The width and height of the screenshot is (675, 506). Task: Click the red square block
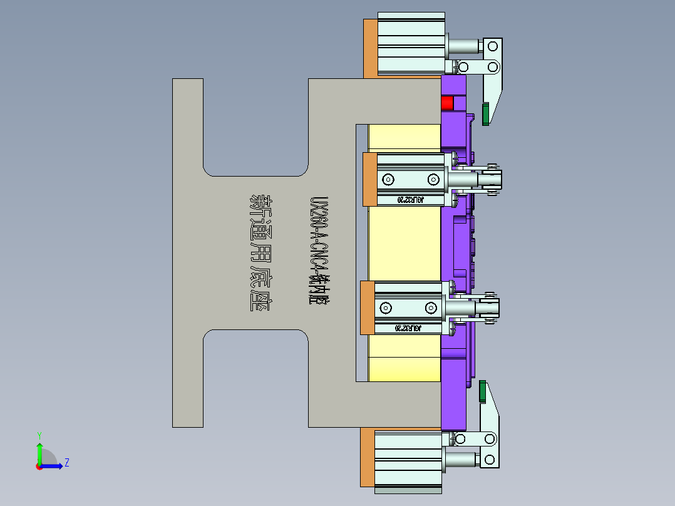pos(447,103)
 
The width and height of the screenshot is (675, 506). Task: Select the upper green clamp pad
pos(485,115)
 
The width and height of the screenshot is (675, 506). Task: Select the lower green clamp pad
pos(483,391)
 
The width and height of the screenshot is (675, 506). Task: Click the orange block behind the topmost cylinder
pos(370,48)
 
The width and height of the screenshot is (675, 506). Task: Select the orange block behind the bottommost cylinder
pos(368,457)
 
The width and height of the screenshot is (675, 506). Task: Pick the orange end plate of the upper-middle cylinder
pos(369,179)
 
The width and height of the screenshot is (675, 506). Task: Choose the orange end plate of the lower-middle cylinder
pos(368,307)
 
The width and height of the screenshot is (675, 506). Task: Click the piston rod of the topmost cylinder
pos(463,46)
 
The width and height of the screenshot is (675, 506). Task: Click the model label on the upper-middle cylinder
pos(411,200)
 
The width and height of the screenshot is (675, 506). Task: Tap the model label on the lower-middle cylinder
pos(408,328)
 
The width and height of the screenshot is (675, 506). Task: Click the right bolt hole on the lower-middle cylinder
pos(430,307)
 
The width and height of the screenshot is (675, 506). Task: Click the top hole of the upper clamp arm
pos(493,45)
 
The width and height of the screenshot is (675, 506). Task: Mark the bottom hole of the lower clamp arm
pos(490,460)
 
